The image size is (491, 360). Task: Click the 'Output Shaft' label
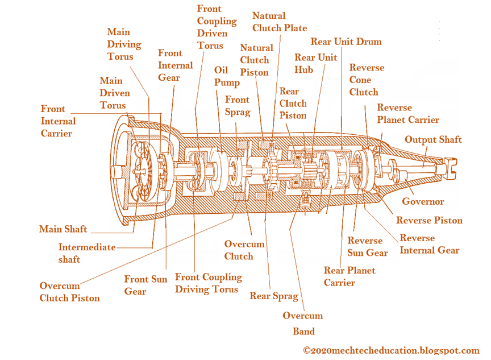pyautogui.click(x=432, y=139)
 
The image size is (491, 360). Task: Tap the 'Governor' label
pyautogui.click(x=423, y=201)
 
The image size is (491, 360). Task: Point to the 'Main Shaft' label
pyautogui.click(x=63, y=229)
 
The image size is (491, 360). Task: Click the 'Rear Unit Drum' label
pyautogui.click(x=346, y=42)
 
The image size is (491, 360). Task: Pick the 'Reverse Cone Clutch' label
pyautogui.click(x=367, y=80)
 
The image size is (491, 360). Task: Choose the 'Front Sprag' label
pyautogui.click(x=238, y=105)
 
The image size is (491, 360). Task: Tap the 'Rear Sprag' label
pyautogui.click(x=273, y=296)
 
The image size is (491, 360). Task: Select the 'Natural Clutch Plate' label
pyautogui.click(x=279, y=22)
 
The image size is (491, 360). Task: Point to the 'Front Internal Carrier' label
pyautogui.click(x=58, y=121)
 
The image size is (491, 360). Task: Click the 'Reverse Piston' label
pyautogui.click(x=429, y=221)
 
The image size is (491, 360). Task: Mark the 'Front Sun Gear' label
pyautogui.click(x=145, y=285)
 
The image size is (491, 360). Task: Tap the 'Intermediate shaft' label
pyautogui.click(x=86, y=253)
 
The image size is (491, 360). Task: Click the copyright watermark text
pyautogui.click(x=391, y=350)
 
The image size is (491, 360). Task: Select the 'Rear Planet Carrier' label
pyautogui.click(x=349, y=276)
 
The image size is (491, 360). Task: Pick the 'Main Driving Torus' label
pyautogui.click(x=124, y=44)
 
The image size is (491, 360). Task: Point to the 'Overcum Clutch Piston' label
pyautogui.click(x=69, y=292)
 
